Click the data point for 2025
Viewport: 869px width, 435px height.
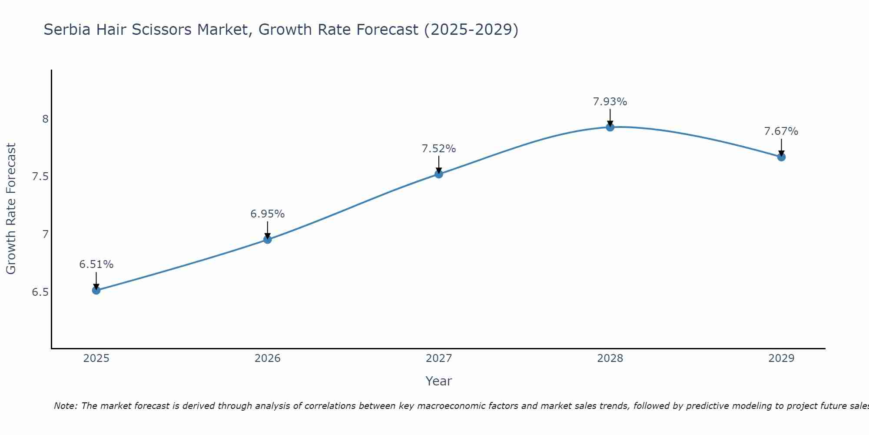pos(96,290)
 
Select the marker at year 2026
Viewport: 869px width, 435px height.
pos(268,239)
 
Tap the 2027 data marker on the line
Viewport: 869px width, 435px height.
pos(439,174)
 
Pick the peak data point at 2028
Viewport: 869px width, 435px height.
pos(610,127)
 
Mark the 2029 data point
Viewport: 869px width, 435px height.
pos(781,157)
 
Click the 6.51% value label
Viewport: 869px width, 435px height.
pos(96,264)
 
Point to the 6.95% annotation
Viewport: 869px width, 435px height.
pos(268,214)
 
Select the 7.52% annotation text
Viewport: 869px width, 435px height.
pos(439,149)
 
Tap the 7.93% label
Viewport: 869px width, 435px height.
pos(610,102)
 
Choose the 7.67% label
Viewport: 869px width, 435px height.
pos(781,131)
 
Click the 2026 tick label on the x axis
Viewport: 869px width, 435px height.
pos(268,358)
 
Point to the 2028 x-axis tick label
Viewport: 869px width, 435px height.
pos(610,358)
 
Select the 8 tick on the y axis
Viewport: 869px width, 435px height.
pos(45,119)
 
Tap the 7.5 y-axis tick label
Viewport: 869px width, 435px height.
pos(40,177)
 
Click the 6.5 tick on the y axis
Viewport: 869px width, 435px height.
pos(40,292)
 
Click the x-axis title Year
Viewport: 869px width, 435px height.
pos(439,381)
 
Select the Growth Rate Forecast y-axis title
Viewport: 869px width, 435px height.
pos(11,209)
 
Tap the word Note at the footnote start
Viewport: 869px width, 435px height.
pos(65,406)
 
